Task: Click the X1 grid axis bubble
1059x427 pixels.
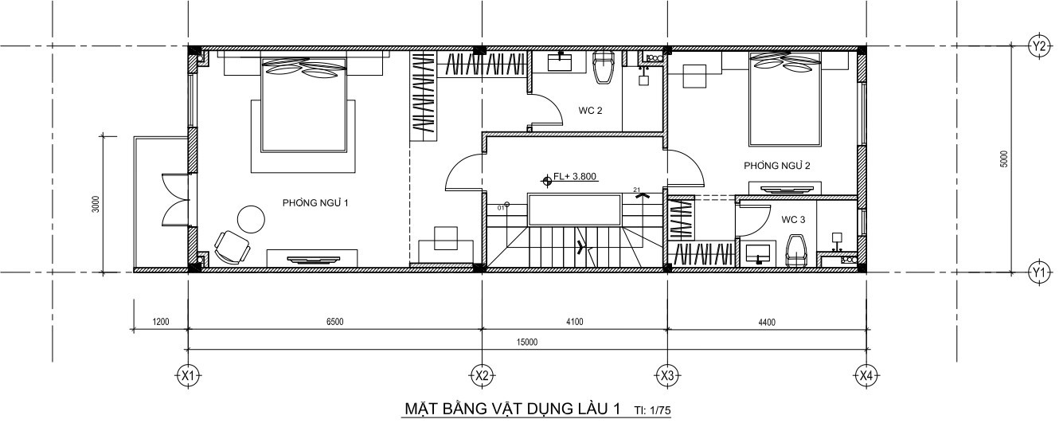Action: [189, 376]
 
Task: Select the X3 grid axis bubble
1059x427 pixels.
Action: [667, 376]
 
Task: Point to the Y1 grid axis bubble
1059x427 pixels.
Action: [1039, 272]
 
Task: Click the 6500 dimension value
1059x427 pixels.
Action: [334, 322]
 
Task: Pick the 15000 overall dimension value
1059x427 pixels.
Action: [527, 342]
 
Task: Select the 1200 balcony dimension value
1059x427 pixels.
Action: [161, 322]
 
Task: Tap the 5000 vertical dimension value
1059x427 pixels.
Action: [1004, 159]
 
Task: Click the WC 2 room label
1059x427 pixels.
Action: [591, 111]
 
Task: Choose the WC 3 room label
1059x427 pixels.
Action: [793, 219]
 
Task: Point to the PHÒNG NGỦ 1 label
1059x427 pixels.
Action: [315, 202]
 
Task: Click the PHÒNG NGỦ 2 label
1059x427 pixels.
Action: [777, 165]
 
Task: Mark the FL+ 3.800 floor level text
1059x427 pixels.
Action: [574, 176]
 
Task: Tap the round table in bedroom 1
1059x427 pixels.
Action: [251, 219]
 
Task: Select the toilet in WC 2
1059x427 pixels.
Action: [604, 67]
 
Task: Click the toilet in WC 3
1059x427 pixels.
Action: [797, 251]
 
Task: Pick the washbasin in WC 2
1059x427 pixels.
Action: [561, 62]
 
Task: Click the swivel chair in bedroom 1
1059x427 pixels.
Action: [233, 247]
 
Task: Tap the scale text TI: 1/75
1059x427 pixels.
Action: [652, 410]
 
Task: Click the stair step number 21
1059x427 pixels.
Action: [636, 190]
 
